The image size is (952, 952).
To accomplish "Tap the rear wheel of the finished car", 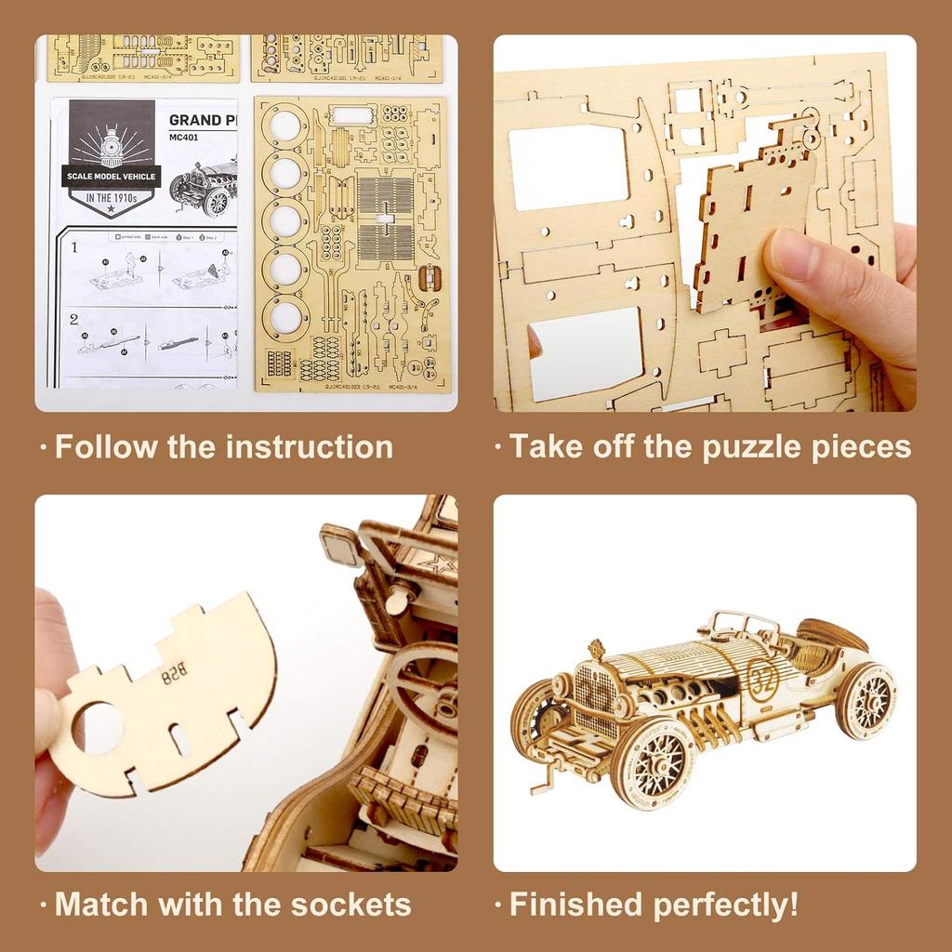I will (x=865, y=700).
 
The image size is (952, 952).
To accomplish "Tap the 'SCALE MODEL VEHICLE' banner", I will (x=112, y=177).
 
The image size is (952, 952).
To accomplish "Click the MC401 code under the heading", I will (x=184, y=138).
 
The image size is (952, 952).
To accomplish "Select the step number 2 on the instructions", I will (x=73, y=319).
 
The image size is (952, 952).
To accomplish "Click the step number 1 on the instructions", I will (x=73, y=248).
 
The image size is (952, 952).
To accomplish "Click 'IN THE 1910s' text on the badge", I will (x=112, y=198).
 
